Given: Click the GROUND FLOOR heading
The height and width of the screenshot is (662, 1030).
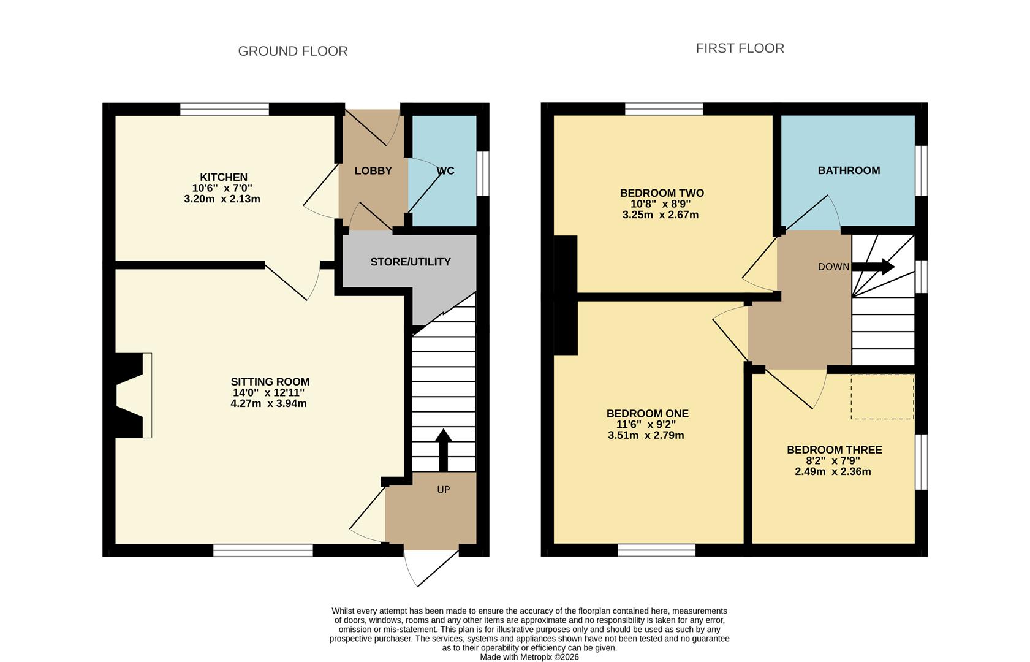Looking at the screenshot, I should (x=292, y=51).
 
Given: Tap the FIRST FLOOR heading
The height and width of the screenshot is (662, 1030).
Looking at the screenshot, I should (x=740, y=48).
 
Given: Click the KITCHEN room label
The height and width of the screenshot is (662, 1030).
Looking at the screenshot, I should (x=223, y=177).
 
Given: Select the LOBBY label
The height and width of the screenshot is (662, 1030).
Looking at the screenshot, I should (x=373, y=171).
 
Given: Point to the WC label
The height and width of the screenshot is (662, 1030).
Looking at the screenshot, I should (x=445, y=171).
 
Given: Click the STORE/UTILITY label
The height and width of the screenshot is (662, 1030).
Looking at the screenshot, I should (x=410, y=262).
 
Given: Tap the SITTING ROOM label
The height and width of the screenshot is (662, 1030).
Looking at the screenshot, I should (x=270, y=382).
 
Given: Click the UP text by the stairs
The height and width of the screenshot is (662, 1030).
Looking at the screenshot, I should (x=443, y=490).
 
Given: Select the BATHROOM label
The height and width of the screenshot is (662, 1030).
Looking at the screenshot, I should (x=848, y=170).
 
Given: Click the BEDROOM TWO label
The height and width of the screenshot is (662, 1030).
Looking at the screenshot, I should (x=661, y=193).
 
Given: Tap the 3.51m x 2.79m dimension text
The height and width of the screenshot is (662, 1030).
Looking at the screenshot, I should (x=646, y=436).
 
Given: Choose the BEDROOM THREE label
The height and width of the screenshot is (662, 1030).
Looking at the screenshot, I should (x=834, y=450).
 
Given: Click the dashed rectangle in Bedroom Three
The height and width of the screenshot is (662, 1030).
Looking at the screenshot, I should (x=882, y=397).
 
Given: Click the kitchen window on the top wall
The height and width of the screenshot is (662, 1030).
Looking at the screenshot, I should (x=224, y=110).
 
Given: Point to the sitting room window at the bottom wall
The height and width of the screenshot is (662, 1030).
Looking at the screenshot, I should (x=263, y=550).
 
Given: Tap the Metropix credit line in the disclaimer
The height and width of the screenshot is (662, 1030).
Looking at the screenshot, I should (x=529, y=656).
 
